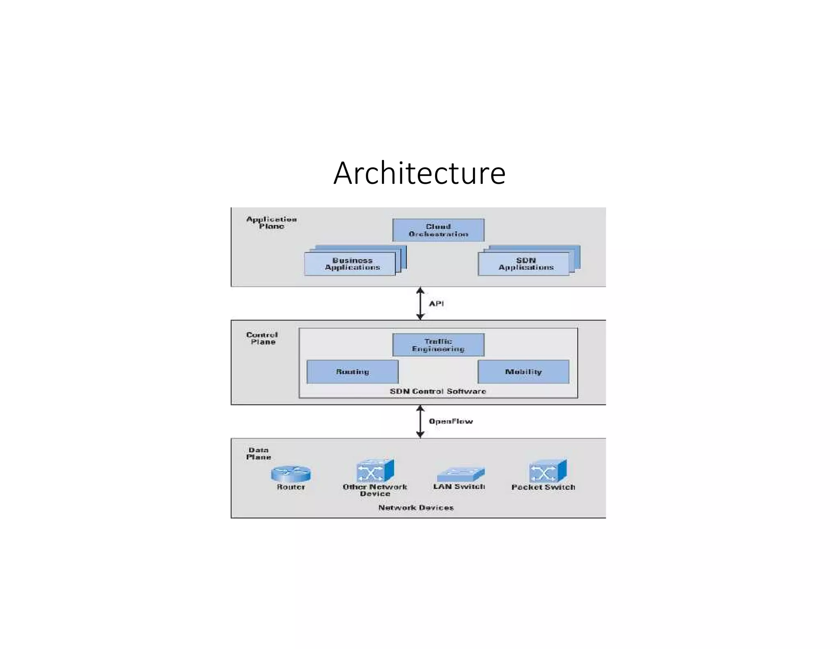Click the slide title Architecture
click(x=419, y=173)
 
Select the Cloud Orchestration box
click(x=438, y=230)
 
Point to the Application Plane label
click(x=271, y=222)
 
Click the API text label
click(x=436, y=304)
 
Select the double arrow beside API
click(x=420, y=304)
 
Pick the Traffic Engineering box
click(x=438, y=345)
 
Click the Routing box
click(x=352, y=372)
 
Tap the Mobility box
click(x=523, y=372)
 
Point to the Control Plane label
click(x=262, y=338)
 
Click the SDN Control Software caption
click(x=438, y=391)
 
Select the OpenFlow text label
click(x=450, y=421)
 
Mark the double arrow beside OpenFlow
click(x=420, y=421)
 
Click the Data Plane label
click(x=258, y=453)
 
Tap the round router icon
click(x=290, y=474)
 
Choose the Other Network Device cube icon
click(x=374, y=471)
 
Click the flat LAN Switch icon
click(x=460, y=475)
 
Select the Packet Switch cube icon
click(x=547, y=471)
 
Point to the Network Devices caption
click(x=416, y=507)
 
